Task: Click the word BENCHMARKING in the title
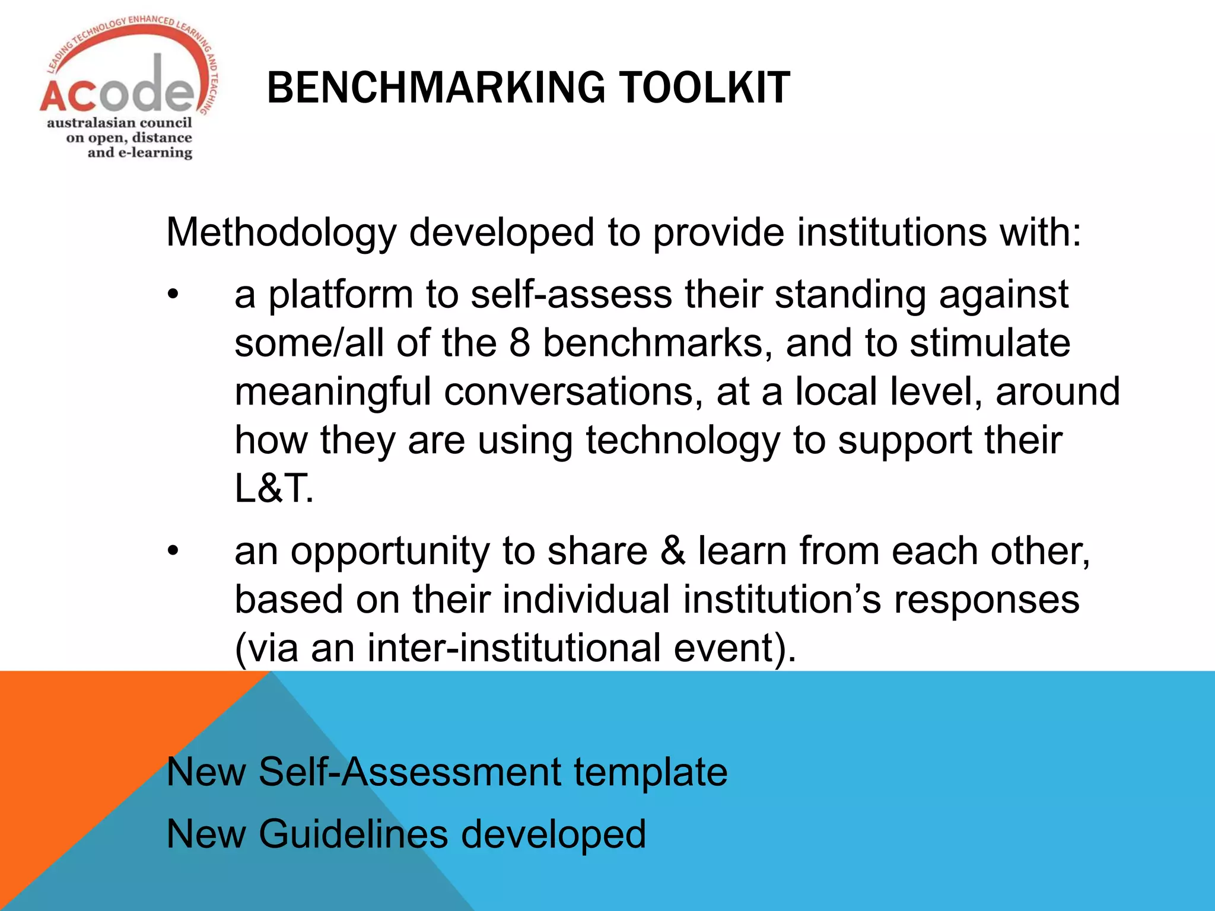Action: pyautogui.click(x=436, y=88)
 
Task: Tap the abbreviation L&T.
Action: pyautogui.click(x=273, y=489)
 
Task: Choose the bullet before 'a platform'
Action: pyautogui.click(x=173, y=295)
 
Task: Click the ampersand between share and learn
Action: pyautogui.click(x=673, y=550)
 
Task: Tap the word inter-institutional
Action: pyautogui.click(x=514, y=648)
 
